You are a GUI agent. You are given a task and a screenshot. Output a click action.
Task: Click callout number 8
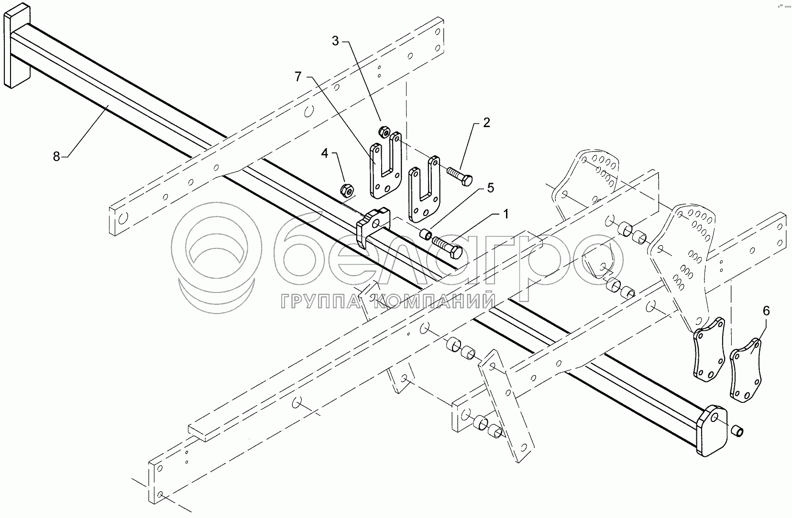tap(56, 156)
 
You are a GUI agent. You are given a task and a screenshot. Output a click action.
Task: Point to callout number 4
tap(325, 153)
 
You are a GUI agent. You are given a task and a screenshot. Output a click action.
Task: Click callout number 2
tap(486, 123)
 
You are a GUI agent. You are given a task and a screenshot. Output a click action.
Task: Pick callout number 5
tap(490, 188)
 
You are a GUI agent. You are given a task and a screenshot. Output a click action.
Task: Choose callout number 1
tap(505, 214)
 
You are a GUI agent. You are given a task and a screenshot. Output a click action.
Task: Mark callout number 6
tap(766, 311)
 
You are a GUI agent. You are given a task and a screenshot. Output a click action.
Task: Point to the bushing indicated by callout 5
tap(425, 234)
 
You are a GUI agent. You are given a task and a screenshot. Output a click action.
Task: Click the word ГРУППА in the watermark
tap(324, 302)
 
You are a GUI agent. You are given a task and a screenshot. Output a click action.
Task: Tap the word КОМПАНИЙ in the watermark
tap(433, 302)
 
